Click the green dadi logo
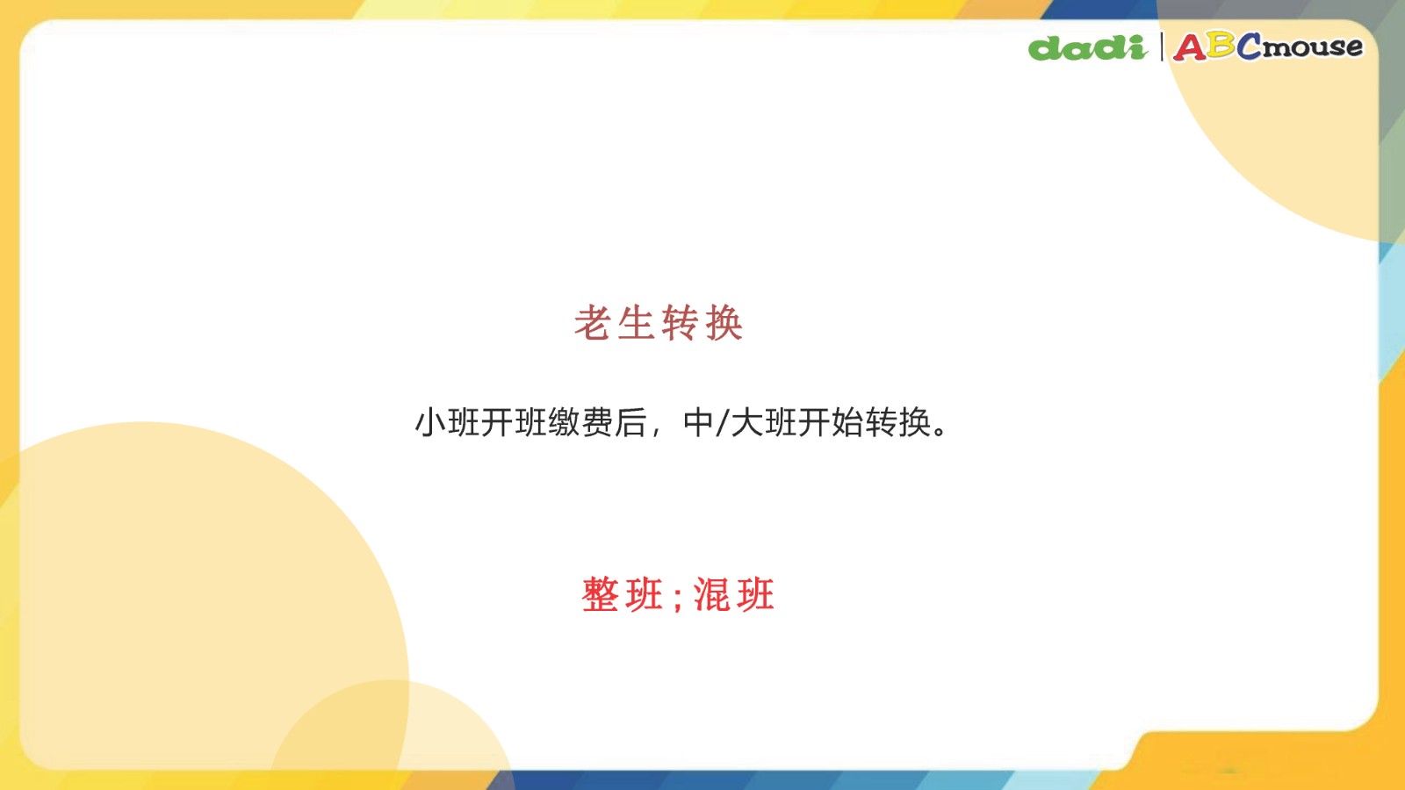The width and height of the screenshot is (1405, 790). (1088, 47)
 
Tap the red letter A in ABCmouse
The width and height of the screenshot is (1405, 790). (1190, 47)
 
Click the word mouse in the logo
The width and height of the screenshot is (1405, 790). (1313, 47)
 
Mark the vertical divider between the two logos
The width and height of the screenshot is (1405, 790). (1161, 47)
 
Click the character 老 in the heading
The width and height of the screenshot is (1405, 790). (593, 323)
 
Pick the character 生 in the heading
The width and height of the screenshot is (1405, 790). (636, 323)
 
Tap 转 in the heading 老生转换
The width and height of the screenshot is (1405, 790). (680, 323)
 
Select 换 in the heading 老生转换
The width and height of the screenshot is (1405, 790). (724, 323)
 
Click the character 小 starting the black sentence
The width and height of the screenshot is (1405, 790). (430, 422)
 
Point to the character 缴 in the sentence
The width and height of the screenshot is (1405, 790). (564, 422)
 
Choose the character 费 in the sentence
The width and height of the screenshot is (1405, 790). (597, 422)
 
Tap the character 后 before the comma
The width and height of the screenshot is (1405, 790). (630, 422)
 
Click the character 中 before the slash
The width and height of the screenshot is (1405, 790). (698, 422)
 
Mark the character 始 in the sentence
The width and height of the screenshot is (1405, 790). (847, 422)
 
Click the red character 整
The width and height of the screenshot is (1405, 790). (601, 594)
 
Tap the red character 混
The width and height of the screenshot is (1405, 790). (711, 594)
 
